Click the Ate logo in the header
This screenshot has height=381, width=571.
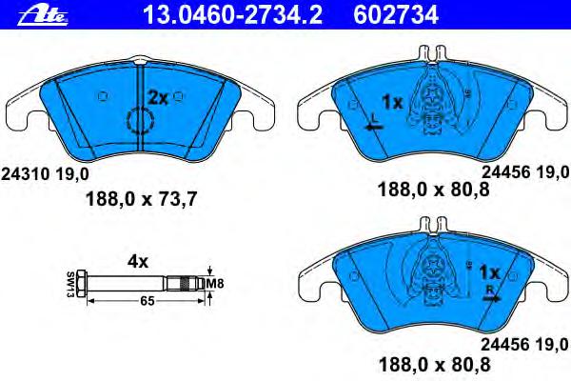point(43,16)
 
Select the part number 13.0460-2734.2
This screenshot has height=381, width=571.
point(232,15)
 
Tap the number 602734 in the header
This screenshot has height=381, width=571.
point(396,15)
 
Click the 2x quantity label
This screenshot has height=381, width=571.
point(158,98)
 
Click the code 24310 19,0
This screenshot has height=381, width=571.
point(45,174)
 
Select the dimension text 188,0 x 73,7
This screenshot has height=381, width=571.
point(141,199)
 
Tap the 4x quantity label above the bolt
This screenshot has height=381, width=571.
point(138,262)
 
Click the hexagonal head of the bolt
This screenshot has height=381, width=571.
point(82,283)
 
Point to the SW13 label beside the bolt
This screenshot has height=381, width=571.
point(70,285)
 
